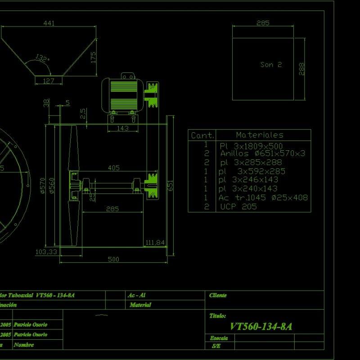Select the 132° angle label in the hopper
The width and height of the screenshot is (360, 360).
click(42, 58)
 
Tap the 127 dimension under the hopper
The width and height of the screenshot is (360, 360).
click(48, 81)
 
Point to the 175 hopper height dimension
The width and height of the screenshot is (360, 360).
click(94, 57)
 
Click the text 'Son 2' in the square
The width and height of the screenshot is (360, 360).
click(271, 65)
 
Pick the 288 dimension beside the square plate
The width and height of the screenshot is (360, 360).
click(301, 68)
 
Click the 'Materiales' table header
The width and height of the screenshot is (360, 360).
click(260, 135)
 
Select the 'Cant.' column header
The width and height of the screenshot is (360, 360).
click(202, 135)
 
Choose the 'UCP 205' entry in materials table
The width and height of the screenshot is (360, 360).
click(238, 207)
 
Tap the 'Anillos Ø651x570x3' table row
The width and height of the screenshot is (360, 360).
click(262, 153)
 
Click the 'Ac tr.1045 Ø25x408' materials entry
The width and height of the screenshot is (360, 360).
click(263, 198)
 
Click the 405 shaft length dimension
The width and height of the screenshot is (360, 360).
click(114, 168)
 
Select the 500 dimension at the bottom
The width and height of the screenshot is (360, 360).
click(113, 259)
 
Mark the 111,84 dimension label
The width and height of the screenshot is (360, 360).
click(155, 243)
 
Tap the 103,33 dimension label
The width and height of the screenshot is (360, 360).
click(46, 252)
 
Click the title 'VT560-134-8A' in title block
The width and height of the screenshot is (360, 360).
click(261, 327)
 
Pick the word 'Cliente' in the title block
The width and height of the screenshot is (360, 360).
click(218, 295)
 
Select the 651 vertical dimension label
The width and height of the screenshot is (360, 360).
click(171, 185)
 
